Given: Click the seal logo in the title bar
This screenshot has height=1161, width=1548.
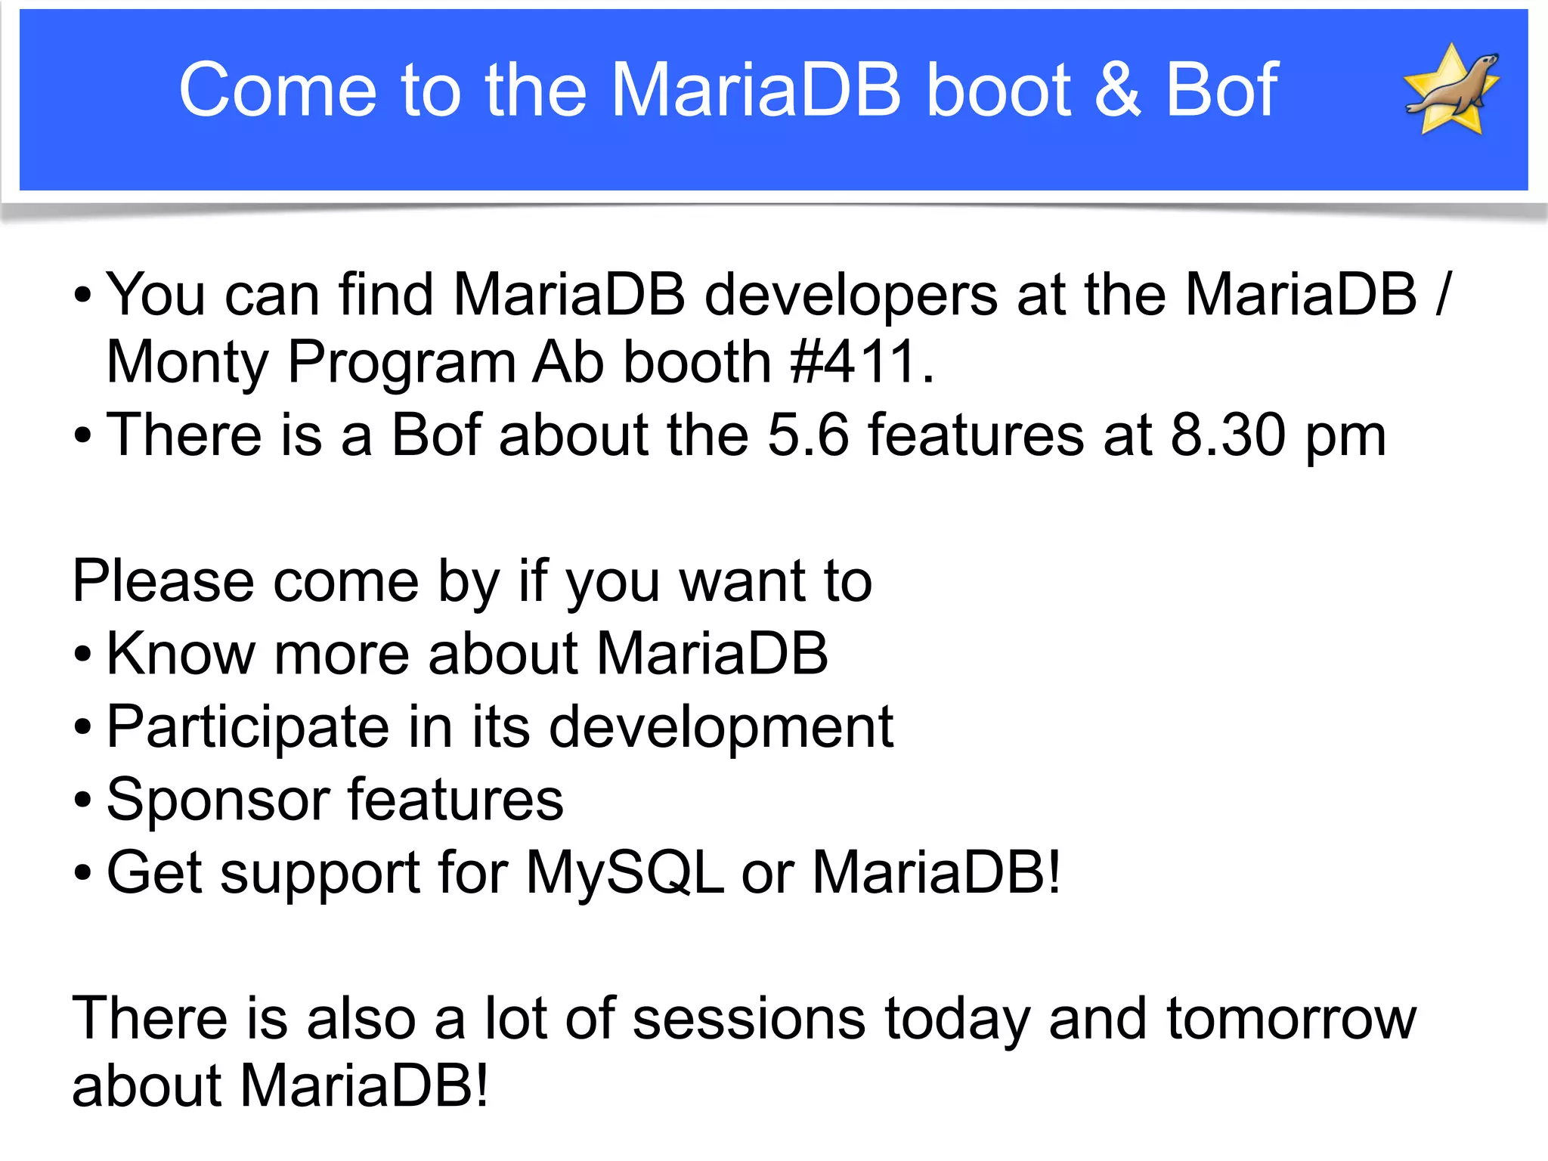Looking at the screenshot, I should [1452, 89].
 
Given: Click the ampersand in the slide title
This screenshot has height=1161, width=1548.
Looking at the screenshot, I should [1118, 89].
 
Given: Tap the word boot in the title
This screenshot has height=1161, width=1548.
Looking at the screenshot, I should [998, 89].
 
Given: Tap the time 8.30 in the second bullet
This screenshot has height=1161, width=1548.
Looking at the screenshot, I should [1228, 435].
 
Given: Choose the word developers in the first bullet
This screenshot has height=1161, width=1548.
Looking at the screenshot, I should [850, 295].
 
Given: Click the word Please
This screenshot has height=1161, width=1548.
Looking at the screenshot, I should [163, 581].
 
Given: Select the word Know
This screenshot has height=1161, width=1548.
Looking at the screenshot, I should [181, 653].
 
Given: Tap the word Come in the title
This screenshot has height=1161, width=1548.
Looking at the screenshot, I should [277, 89].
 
